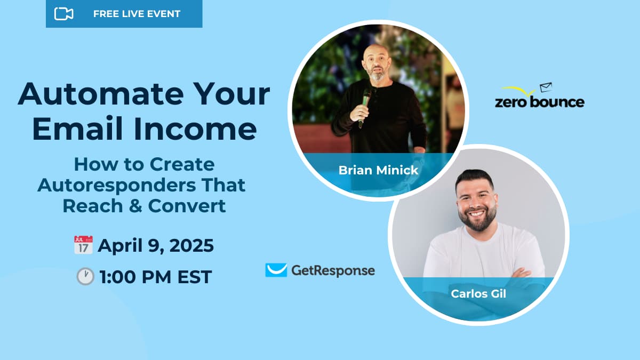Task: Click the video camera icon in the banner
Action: click(x=63, y=14)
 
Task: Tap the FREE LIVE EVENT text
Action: click(x=137, y=14)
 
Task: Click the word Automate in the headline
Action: click(x=100, y=94)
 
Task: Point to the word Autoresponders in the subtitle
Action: click(x=116, y=185)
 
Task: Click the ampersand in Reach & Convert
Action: click(x=135, y=206)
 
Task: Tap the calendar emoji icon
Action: click(x=83, y=245)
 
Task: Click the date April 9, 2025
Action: click(x=156, y=245)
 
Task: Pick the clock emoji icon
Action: click(x=85, y=276)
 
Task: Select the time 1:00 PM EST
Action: click(x=156, y=277)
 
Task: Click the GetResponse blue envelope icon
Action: click(x=276, y=270)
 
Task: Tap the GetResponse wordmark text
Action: click(x=333, y=270)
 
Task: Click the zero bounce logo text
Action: click(x=540, y=102)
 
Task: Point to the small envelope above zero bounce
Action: click(x=546, y=87)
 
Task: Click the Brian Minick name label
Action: click(x=378, y=170)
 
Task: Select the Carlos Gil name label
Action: click(x=478, y=294)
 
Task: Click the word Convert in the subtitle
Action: click(x=187, y=206)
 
